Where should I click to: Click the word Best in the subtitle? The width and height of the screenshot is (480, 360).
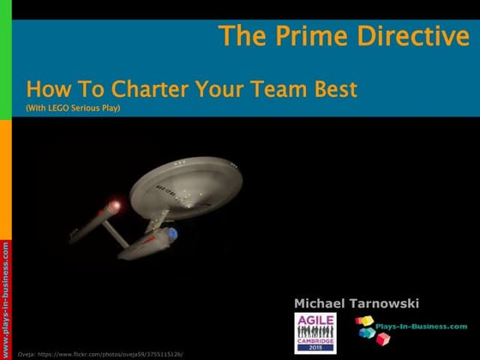click(335, 88)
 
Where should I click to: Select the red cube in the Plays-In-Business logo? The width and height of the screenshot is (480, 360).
click(383, 339)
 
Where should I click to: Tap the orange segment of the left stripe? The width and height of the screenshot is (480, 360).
click(5, 171)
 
